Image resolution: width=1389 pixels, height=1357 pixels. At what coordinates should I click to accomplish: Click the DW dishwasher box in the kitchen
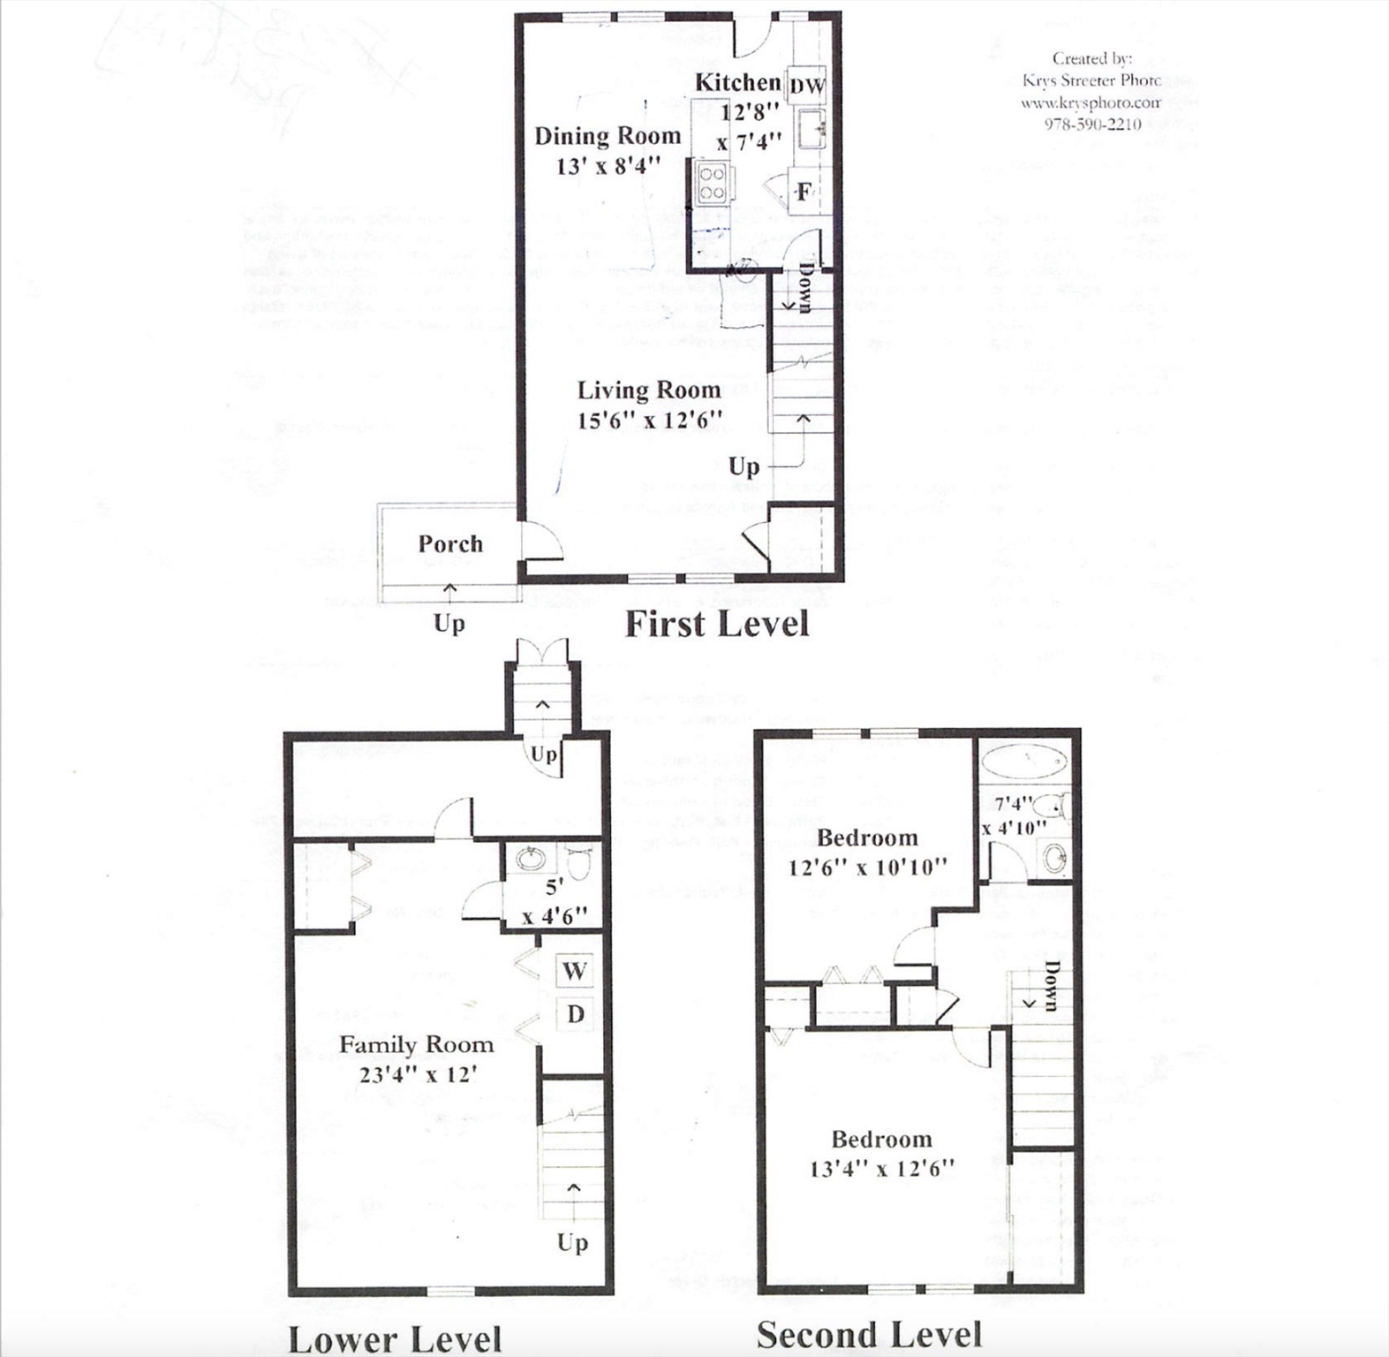point(806,86)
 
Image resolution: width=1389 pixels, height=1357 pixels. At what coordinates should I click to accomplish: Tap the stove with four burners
point(712,183)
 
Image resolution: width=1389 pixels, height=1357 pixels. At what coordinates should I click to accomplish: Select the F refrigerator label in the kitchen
point(804,192)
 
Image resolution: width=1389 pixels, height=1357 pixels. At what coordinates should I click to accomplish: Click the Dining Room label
point(608,136)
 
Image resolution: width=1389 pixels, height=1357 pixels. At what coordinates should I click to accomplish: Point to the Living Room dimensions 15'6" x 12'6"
point(649,420)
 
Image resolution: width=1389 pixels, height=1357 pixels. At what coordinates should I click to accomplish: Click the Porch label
point(450,543)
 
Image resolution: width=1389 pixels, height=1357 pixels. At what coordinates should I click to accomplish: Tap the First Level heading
point(716,624)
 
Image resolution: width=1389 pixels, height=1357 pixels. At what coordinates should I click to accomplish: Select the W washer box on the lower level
point(575,971)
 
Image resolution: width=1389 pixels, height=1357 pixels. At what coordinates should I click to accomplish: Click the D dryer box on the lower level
point(575,1014)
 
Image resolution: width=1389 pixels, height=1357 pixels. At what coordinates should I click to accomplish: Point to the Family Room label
point(416,1045)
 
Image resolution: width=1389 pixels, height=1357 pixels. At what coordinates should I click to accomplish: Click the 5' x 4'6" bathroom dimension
point(554,903)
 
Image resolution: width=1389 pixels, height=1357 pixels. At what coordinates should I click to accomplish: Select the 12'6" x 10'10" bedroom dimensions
point(867,868)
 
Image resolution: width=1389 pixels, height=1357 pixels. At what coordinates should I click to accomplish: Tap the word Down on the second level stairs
point(1051,985)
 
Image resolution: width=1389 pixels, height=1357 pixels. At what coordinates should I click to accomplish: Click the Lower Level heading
point(395,1338)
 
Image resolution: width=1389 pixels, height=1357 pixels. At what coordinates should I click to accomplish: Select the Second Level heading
point(869,1334)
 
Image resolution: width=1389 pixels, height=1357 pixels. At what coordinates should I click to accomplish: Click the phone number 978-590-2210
point(1092,125)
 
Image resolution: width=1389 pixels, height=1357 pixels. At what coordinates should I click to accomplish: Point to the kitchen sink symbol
point(811,129)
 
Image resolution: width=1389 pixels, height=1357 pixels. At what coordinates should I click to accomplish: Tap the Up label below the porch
point(449,624)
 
